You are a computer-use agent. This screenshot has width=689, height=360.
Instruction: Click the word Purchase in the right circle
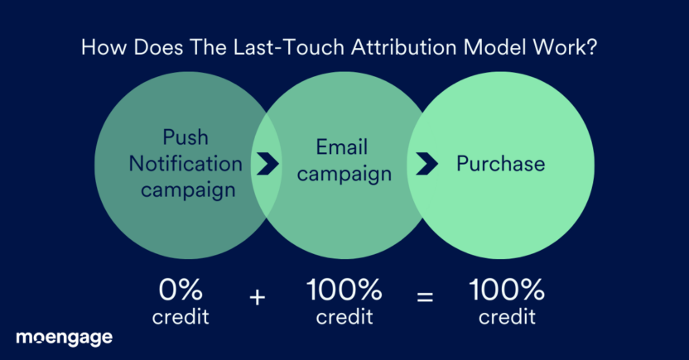pyautogui.click(x=501, y=163)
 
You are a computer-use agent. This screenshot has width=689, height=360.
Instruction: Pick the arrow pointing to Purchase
pyautogui.click(x=426, y=164)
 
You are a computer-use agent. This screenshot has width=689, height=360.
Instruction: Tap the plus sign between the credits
pyautogui.click(x=258, y=297)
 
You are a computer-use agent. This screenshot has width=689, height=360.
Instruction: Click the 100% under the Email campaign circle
pyautogui.click(x=344, y=290)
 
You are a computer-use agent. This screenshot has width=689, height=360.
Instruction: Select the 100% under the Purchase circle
pyautogui.click(x=507, y=290)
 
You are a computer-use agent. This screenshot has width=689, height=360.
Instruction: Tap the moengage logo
pyautogui.click(x=64, y=338)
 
